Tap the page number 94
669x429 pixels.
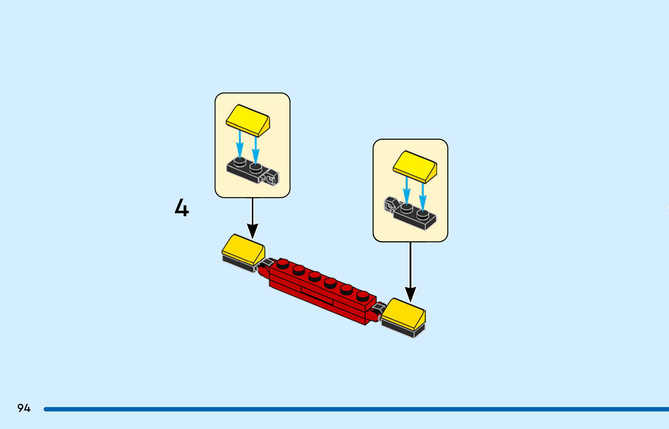tap(24, 408)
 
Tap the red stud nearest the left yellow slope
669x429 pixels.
tap(282, 263)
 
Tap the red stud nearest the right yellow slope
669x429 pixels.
tap(362, 296)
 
